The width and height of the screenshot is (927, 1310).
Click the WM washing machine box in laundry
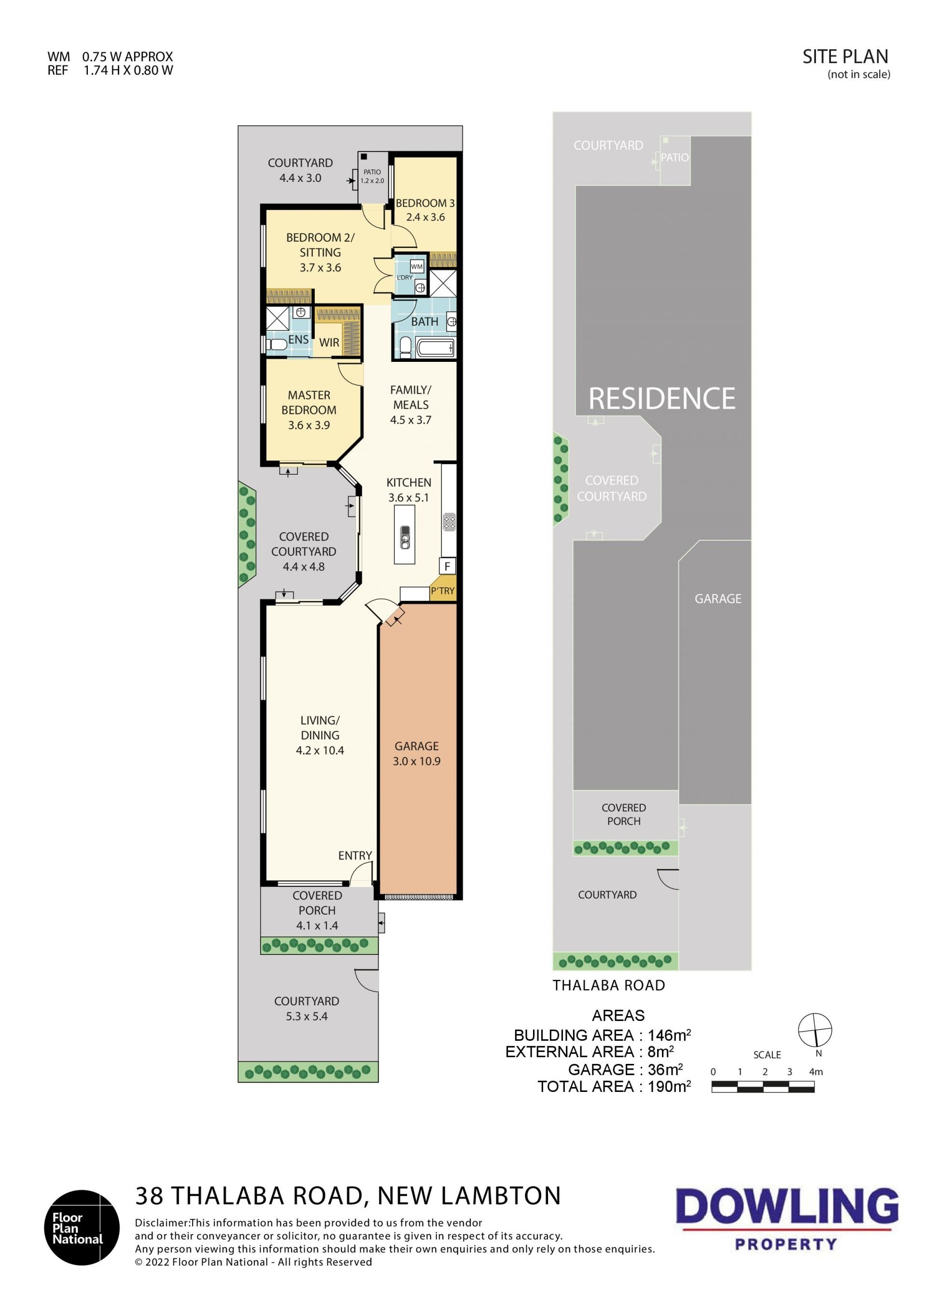pos(417,266)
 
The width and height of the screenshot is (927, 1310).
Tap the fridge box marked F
pos(447,566)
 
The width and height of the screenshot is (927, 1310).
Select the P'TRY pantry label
pos(442,591)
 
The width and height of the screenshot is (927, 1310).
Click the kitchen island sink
pos(405,537)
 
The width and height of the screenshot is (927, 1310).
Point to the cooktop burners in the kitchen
pos(449,522)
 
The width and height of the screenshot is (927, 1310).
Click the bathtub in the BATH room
pos(435,348)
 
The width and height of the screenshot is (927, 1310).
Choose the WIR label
pos(329,342)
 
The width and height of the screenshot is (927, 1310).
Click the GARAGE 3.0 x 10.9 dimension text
pos(417,760)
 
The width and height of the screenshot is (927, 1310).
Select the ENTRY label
pos(355,855)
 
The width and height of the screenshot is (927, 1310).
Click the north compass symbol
pos(815,1030)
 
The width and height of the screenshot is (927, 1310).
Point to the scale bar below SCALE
pos(763,1088)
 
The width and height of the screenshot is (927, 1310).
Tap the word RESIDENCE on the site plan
pos(661,398)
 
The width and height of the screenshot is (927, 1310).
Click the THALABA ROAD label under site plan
pos(608,985)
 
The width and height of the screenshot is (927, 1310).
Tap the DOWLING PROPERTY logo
pos(787,1219)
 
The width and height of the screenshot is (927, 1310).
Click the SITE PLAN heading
pos(845,56)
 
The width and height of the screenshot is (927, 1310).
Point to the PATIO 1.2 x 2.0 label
pos(372,176)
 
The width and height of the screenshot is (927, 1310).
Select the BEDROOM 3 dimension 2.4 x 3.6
pos(425,217)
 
